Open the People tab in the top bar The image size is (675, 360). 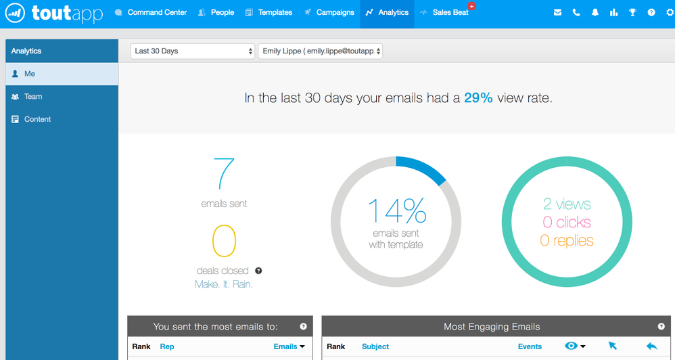coord(216,12)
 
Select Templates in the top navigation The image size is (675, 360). coord(269,12)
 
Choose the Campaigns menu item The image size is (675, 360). coord(329,12)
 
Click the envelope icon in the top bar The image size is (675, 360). coord(557,12)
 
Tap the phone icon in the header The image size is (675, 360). coord(576,12)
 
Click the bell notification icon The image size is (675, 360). coord(595,12)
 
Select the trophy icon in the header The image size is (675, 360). coord(632,12)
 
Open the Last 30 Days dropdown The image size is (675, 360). coord(192,51)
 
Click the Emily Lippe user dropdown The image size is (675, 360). coord(321,51)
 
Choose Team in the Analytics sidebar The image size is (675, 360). coord(32,97)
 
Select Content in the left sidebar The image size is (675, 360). coord(37,119)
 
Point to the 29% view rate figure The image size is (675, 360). coord(478,98)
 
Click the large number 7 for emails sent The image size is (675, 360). coord(224,174)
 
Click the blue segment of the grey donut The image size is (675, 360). coord(422,168)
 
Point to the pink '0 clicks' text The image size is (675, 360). coord(567,222)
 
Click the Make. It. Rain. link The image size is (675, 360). coord(224,284)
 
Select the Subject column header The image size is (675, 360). coord(375,346)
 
